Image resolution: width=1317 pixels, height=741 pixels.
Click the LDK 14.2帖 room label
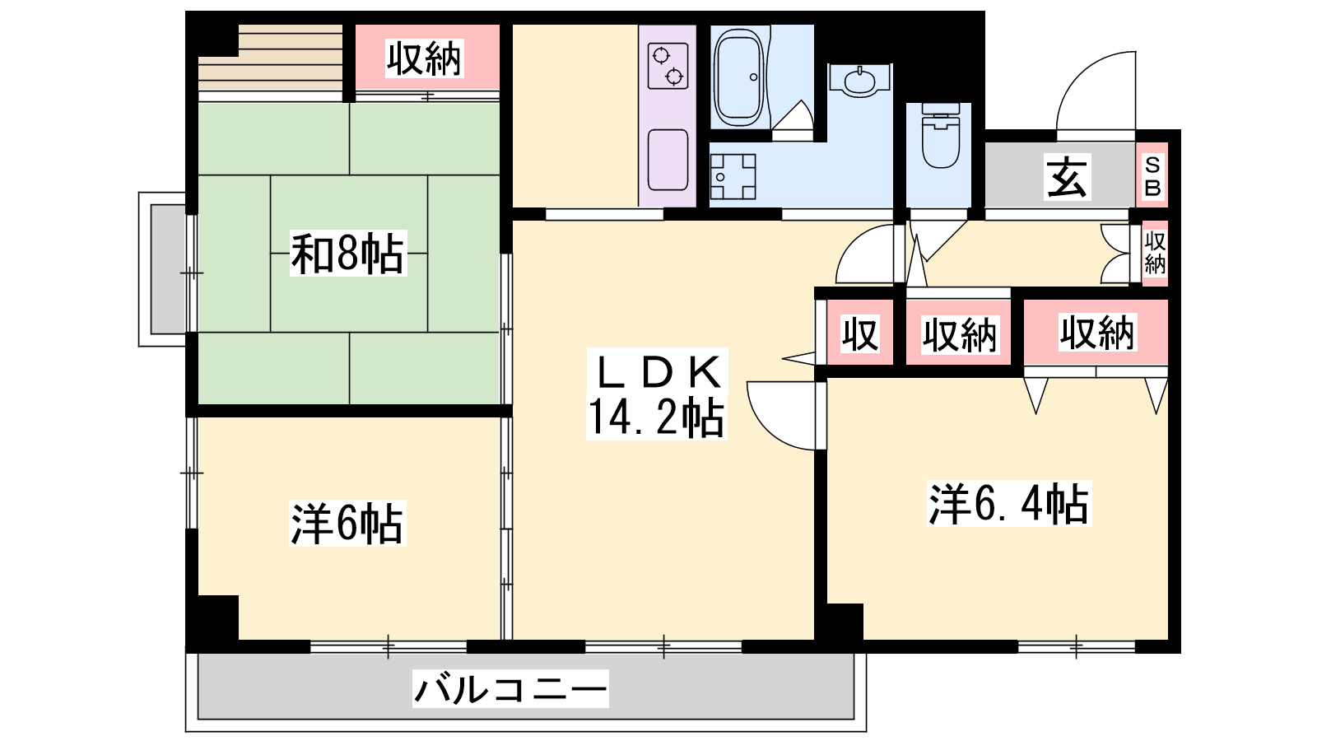click(657, 394)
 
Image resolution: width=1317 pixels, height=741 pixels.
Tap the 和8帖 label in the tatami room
click(348, 254)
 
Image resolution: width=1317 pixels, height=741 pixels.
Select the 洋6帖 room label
click(347, 523)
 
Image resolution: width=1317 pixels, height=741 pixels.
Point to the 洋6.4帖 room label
click(1009, 503)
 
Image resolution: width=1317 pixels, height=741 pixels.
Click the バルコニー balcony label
click(510, 688)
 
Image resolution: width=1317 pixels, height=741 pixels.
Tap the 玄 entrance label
click(1067, 177)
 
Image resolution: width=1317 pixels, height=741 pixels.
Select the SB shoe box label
click(1152, 176)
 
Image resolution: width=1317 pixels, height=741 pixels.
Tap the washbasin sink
click(859, 82)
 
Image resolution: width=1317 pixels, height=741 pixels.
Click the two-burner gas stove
click(668, 66)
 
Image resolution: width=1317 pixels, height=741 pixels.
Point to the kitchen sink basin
click(668, 160)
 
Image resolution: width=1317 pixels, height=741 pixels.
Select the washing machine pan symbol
click(733, 176)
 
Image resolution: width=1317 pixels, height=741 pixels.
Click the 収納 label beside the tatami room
click(425, 58)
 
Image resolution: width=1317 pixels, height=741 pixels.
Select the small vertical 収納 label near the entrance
click(1155, 253)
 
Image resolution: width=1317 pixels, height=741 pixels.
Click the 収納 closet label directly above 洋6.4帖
click(1097, 333)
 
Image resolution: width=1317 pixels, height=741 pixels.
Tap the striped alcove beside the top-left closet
click(271, 58)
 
